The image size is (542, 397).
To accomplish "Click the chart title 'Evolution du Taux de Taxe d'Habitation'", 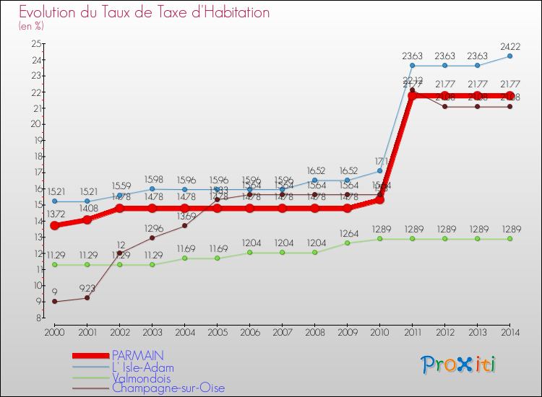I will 145,13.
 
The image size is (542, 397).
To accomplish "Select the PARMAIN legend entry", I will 137,355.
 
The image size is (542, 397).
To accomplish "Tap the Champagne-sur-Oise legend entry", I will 164,388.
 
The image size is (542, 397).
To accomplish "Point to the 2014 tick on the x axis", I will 509,331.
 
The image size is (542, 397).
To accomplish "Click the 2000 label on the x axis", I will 54,331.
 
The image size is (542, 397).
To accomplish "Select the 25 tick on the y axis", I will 36,44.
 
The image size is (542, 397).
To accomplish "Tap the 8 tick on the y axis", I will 38,318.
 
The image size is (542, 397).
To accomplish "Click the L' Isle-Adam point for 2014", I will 509,56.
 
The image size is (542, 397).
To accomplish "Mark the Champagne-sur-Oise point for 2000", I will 54,302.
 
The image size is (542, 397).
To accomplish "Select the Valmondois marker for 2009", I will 347,243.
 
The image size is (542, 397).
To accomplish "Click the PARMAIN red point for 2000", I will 54,225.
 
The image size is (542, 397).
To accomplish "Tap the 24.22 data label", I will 509,45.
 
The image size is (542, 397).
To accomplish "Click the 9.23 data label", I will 87,287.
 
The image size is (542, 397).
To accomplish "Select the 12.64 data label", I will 347,233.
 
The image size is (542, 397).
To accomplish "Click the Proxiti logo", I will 459,365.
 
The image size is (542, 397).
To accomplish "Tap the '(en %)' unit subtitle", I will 31,26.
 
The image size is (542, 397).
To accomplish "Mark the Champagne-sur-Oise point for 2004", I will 184,225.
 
